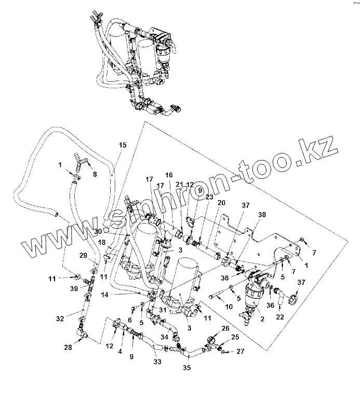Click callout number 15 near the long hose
[123, 145]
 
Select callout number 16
[169, 175]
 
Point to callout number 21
[180, 185]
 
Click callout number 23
[209, 197]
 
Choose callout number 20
[222, 202]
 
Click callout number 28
[68, 347]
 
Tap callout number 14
[120, 294]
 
